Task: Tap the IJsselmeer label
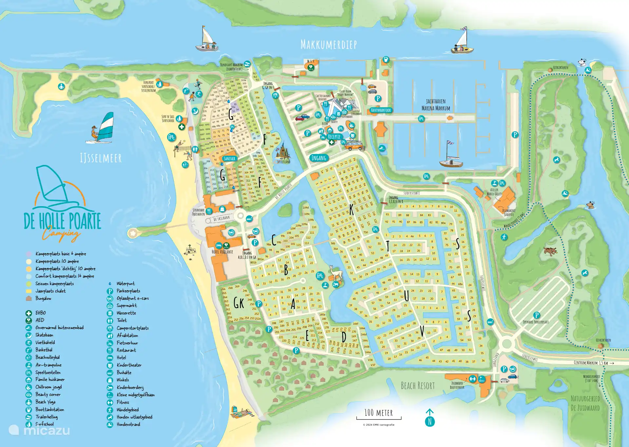pyautogui.click(x=101, y=158)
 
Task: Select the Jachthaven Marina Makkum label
pyautogui.click(x=436, y=105)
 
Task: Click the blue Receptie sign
pyautogui.click(x=334, y=137)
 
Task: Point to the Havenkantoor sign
pyautogui.click(x=381, y=110)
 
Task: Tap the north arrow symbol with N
pyautogui.click(x=430, y=418)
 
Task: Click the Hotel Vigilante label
pyautogui.click(x=222, y=252)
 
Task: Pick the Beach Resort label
pyautogui.click(x=418, y=386)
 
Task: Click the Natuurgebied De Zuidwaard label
pyautogui.click(x=585, y=403)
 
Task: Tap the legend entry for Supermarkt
pyautogui.click(x=126, y=306)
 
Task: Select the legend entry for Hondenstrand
pyautogui.click(x=128, y=424)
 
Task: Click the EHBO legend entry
pyautogui.click(x=40, y=313)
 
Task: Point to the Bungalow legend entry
pyautogui.click(x=43, y=298)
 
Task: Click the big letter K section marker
pyautogui.click(x=352, y=209)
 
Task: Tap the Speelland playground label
pyautogui.click(x=283, y=162)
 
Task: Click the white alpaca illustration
pyautogui.click(x=336, y=273)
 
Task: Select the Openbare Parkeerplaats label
pyautogui.click(x=536, y=322)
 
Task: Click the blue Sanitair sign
pyautogui.click(x=229, y=158)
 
